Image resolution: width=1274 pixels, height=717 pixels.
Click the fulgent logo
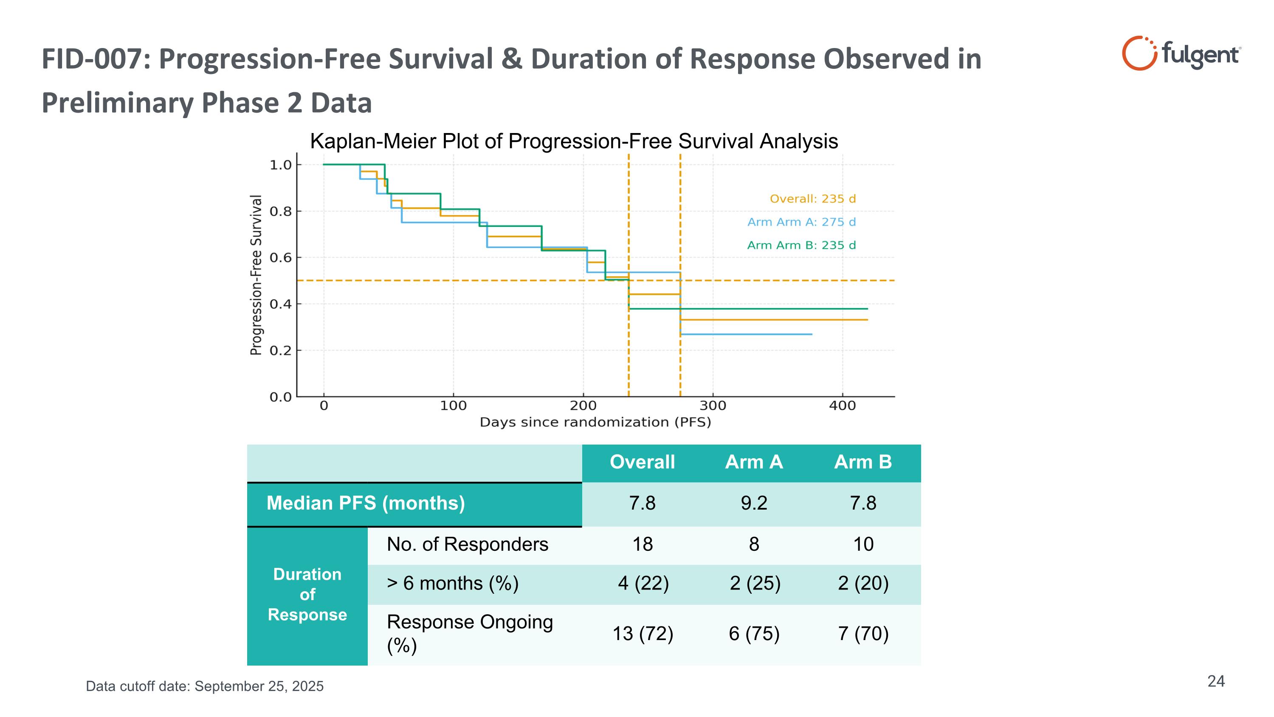[1180, 54]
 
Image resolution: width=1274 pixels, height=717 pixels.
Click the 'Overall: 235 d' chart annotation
[812, 199]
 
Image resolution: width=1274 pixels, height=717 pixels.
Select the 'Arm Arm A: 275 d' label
[801, 222]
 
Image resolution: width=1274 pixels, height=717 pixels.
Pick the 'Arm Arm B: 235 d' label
[801, 245]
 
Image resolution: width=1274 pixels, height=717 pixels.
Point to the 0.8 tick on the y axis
[280, 212]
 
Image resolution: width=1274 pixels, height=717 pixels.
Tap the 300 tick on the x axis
[713, 406]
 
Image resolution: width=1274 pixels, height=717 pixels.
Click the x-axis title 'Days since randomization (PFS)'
[595, 422]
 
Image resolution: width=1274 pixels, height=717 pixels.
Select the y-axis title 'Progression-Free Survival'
[256, 275]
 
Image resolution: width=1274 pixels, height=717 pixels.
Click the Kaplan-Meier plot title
[574, 142]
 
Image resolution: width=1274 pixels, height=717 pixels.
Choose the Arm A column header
[754, 462]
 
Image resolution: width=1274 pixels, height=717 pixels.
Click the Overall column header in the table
[642, 462]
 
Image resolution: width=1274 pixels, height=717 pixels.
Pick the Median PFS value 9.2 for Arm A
[754, 503]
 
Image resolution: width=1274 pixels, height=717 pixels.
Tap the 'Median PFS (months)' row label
[366, 503]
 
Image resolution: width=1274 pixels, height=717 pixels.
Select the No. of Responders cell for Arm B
[863, 544]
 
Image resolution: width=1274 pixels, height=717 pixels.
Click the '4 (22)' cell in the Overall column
[643, 584]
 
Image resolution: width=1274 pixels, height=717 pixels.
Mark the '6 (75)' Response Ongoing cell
[754, 634]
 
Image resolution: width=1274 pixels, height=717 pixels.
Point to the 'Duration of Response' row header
[307, 595]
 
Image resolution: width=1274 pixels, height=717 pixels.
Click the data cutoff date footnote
[205, 686]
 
